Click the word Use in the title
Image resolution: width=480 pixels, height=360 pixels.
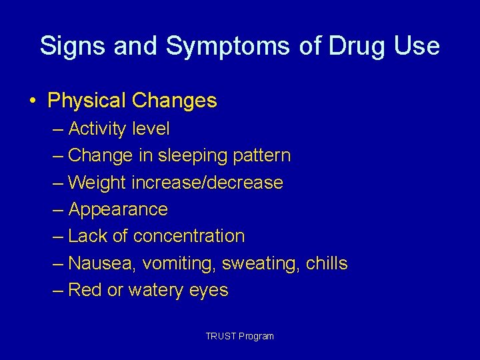(418, 46)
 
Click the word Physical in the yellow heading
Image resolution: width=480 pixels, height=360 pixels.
(87, 101)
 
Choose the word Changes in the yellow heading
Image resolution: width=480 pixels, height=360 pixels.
(175, 101)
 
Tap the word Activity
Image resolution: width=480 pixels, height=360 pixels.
(98, 129)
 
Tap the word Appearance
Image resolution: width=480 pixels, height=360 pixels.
(118, 210)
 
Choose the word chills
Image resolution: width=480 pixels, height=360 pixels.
(327, 263)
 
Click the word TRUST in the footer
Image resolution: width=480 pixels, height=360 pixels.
(217, 336)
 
